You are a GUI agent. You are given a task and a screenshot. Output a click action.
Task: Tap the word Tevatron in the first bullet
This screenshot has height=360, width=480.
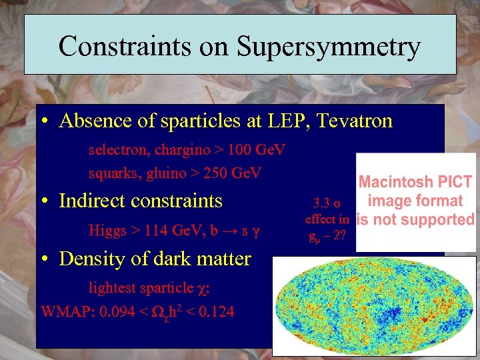pyautogui.click(x=355, y=121)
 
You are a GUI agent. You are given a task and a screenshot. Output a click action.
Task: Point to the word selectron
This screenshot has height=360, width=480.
pyautogui.click(x=115, y=150)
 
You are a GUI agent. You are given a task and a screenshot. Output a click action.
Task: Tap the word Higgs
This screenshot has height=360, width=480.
pyautogui.click(x=107, y=231)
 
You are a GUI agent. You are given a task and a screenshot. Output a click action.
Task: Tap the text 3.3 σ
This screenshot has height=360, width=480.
pyautogui.click(x=327, y=203)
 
